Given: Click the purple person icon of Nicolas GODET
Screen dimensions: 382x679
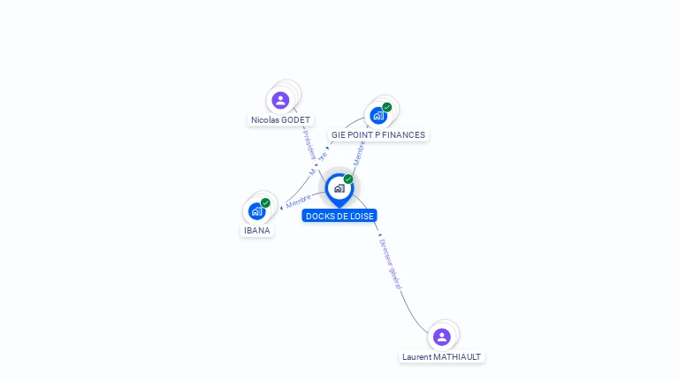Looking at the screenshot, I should pyautogui.click(x=280, y=100).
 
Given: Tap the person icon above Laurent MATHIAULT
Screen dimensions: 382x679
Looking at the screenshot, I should pyautogui.click(x=441, y=336).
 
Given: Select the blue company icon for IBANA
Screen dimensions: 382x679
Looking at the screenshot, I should pyautogui.click(x=256, y=210).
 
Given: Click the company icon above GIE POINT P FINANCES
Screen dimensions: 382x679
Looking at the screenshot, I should pyautogui.click(x=378, y=116).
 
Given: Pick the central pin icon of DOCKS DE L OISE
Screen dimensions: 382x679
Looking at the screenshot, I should pyautogui.click(x=338, y=188).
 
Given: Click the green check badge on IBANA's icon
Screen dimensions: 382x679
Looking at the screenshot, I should pyautogui.click(x=265, y=202).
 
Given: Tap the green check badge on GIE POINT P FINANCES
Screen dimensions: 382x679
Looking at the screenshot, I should pyautogui.click(x=387, y=107).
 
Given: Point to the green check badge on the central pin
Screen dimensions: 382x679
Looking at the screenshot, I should pyautogui.click(x=348, y=179).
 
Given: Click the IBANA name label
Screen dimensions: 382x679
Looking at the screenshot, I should pyautogui.click(x=256, y=231).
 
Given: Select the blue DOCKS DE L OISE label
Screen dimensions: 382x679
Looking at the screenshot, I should pyautogui.click(x=339, y=216).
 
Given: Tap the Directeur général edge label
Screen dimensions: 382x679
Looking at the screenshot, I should pyautogui.click(x=390, y=264).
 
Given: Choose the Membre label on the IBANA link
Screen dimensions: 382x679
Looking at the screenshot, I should pyautogui.click(x=298, y=201).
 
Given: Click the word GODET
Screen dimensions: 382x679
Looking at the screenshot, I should pyautogui.click(x=296, y=119).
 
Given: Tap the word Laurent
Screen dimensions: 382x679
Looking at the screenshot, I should pyautogui.click(x=416, y=357).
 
